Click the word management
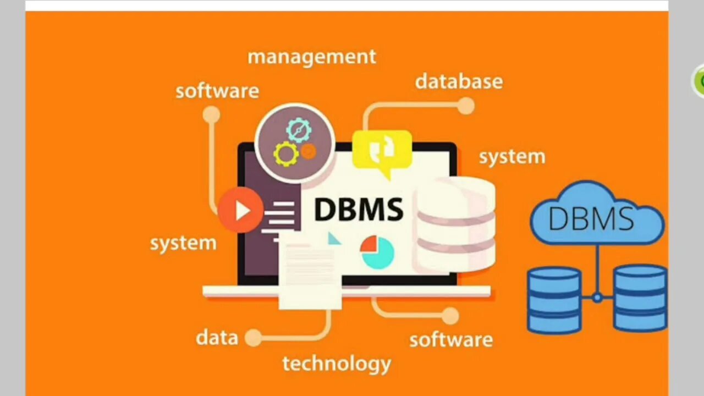pos(312,57)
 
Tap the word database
pos(459,82)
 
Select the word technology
pos(337,364)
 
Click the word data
pos(217,338)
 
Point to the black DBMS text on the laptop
pos(358,210)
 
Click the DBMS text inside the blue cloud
pos(591,218)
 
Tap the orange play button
pos(240,210)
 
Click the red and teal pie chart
pos(377,252)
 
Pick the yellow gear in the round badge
pos(286,154)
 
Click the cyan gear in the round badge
pos(299,130)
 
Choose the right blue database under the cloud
pos(640,298)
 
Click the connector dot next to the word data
pos(253,338)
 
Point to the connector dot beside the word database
pos(466,106)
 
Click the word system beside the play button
pos(183,243)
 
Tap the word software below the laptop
pos(450,339)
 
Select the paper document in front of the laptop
pos(309,275)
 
